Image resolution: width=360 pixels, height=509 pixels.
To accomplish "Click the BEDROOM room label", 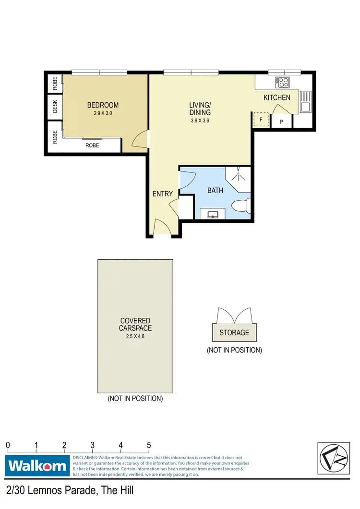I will [x=103, y=105].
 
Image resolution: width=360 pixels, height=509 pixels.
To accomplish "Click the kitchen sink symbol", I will [x=305, y=101].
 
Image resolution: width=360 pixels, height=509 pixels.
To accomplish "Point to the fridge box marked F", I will [x=261, y=120].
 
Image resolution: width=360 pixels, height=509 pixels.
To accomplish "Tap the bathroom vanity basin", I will [x=214, y=214].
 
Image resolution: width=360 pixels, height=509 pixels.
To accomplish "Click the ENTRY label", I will [x=162, y=194].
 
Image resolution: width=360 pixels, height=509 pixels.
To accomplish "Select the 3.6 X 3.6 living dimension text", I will [x=200, y=121].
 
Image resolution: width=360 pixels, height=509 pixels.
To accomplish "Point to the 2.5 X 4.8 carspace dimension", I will [x=135, y=336].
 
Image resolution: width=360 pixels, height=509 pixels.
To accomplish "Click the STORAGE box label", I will [x=234, y=332].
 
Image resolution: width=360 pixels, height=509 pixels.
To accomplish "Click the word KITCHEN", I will [x=277, y=97].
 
